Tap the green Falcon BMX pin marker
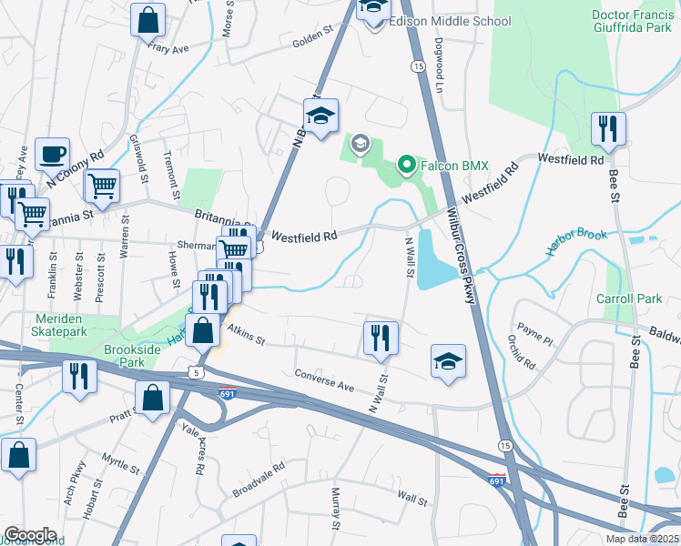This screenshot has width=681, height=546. point(407,167)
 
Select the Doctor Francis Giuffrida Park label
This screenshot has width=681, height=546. point(635,21)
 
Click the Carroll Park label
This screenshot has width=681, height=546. point(628,298)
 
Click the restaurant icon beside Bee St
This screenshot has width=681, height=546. point(607,130)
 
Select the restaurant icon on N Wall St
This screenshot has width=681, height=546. point(380,338)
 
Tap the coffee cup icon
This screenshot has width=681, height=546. point(52,154)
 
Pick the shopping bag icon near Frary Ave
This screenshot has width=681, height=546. point(147,18)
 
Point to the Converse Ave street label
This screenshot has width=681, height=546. point(324,380)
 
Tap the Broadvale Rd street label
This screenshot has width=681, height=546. point(258,479)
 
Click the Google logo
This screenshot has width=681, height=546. point(30,534)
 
